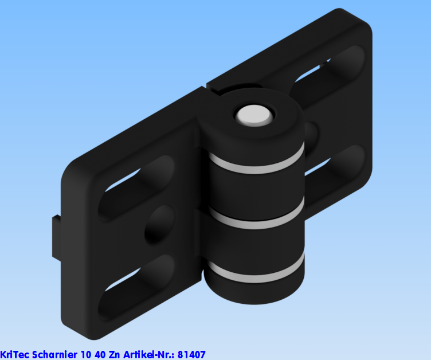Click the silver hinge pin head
[253, 115]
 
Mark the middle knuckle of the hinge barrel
[255, 241]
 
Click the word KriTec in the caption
[14, 355]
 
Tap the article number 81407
[191, 355]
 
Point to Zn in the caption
[115, 355]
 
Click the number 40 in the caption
[100, 355]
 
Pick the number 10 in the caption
[85, 355]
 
